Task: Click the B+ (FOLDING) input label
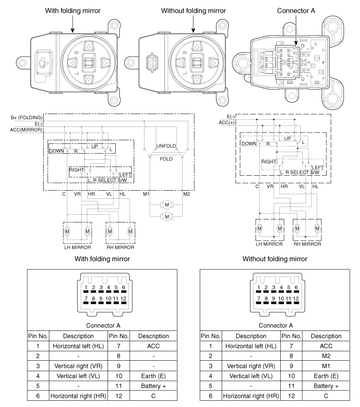click(26, 118)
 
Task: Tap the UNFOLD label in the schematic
click(166, 146)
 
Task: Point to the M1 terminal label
click(146, 194)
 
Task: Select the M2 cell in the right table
click(326, 356)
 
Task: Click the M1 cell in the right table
click(326, 366)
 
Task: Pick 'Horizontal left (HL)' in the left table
click(78, 346)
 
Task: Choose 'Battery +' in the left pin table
click(153, 386)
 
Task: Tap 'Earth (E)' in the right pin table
click(326, 376)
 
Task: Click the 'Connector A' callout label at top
click(296, 11)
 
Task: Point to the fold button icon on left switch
click(42, 63)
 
